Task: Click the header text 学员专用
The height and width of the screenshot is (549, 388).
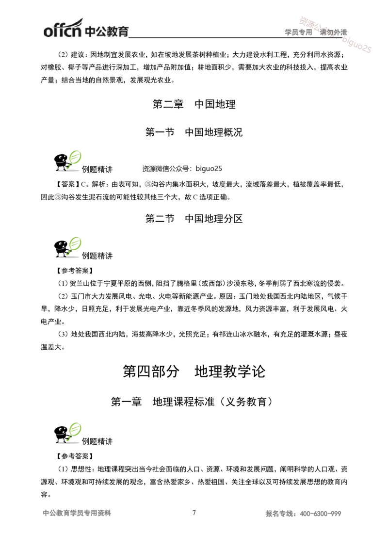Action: click(298, 32)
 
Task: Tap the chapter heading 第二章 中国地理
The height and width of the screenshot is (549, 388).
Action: click(194, 104)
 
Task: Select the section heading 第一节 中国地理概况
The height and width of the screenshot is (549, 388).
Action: click(194, 132)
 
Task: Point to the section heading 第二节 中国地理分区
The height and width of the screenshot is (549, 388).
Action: click(194, 218)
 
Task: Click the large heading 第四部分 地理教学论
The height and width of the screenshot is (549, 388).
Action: click(194, 371)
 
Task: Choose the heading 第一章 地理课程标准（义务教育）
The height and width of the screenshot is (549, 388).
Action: click(192, 402)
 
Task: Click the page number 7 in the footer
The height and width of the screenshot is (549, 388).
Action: click(194, 513)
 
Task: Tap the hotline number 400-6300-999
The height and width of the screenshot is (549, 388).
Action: click(321, 514)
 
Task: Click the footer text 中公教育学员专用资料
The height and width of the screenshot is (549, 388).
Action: click(77, 513)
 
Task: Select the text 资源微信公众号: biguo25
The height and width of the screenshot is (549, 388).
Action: click(182, 168)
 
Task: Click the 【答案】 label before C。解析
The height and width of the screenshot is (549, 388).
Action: click(67, 184)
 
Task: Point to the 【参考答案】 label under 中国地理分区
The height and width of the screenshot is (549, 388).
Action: click(75, 270)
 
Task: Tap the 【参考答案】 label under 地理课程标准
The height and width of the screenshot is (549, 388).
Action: click(75, 456)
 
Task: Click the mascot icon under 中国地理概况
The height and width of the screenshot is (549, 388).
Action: click(67, 161)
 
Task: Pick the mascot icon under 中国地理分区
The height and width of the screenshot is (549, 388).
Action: click(67, 247)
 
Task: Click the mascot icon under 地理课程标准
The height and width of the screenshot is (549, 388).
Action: click(67, 433)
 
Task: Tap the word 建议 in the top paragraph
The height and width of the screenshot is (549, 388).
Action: click(78, 55)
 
